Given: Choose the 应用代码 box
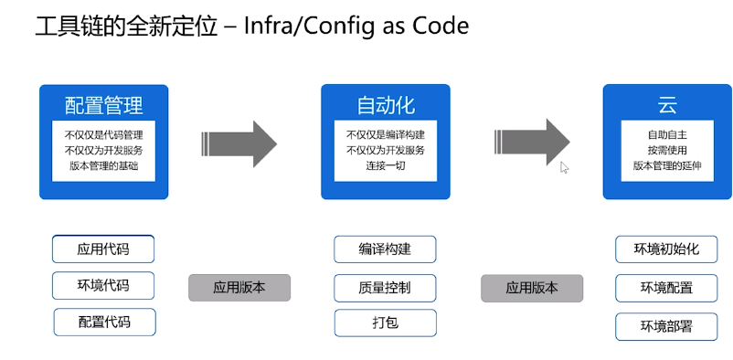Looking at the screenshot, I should [103, 249].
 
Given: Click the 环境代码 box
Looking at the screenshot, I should [103, 285].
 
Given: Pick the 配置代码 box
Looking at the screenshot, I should [104, 322].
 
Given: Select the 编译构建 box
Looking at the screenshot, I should [385, 249].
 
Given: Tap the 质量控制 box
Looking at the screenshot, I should [385, 287].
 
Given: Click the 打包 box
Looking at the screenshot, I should [385, 323].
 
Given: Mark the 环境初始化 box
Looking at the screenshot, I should [666, 249].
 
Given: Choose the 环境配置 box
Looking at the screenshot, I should [666, 288].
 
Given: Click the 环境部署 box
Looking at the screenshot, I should [666, 326].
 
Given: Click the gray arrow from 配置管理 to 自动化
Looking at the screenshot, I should [239, 143].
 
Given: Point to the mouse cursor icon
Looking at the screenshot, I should [564, 167].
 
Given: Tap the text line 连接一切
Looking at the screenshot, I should [385, 165].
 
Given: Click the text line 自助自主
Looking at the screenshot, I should [666, 133].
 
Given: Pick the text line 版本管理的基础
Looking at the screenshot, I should [103, 165].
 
